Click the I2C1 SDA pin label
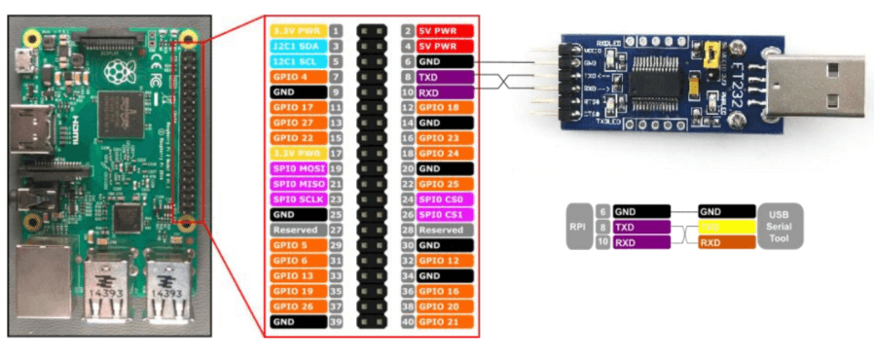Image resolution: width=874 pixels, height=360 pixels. pos(298,46)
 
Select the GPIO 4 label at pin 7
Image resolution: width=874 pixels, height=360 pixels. pos(298,76)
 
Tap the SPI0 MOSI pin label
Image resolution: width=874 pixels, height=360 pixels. pos(298,167)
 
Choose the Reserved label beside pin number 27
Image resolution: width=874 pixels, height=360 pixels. pos(298,229)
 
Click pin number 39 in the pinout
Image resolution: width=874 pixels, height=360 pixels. pos(335,320)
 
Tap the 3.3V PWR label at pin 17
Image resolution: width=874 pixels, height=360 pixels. pos(298,153)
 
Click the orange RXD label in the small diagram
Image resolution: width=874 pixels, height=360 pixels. pos(726,242)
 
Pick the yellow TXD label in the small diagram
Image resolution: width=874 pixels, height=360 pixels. pos(726,226)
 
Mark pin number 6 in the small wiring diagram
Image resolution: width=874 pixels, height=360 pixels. pos(602,210)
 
